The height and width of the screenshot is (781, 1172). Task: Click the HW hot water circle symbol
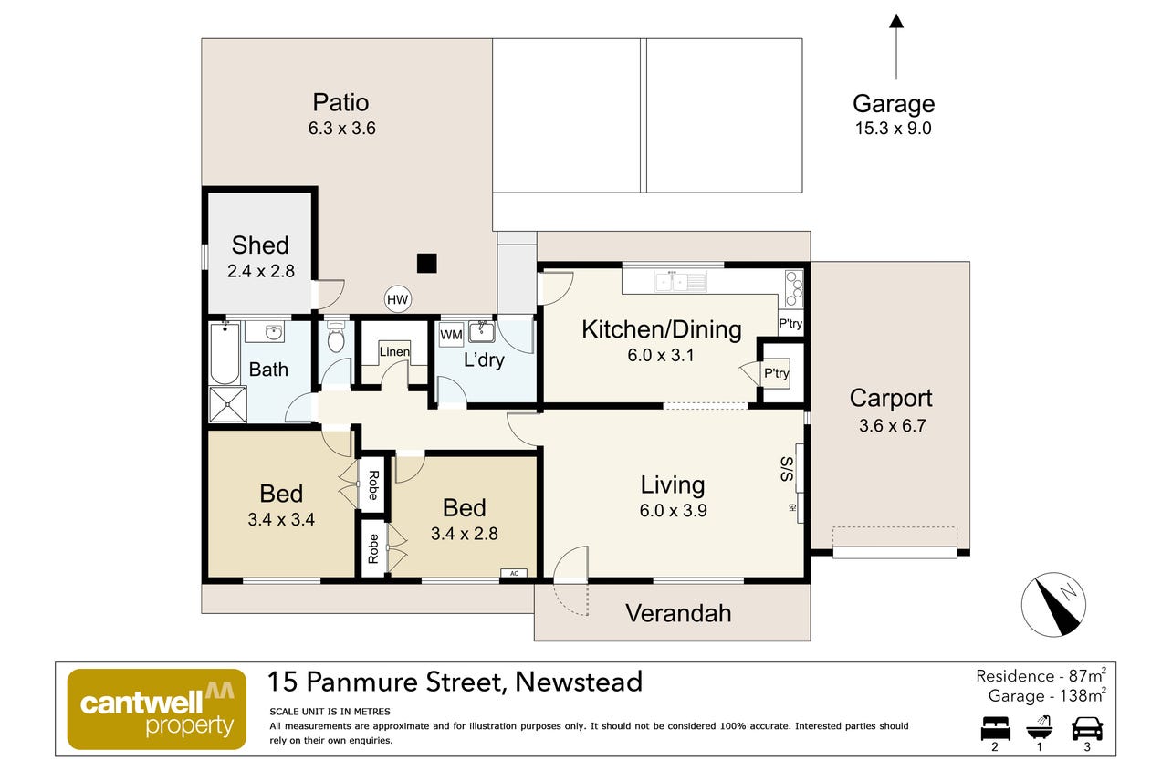pyautogui.click(x=397, y=300)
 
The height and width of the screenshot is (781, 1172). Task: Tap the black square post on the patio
pyautogui.click(x=427, y=263)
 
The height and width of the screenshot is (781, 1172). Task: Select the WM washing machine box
pyautogui.click(x=451, y=335)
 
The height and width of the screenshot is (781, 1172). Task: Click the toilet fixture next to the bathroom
pyautogui.click(x=336, y=338)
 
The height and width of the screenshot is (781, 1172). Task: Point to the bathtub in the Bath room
pyautogui.click(x=225, y=354)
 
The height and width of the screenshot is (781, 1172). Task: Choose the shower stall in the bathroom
pyautogui.click(x=227, y=404)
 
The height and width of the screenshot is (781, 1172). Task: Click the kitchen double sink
pyautogui.click(x=680, y=281)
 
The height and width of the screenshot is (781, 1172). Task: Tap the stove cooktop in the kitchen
pyautogui.click(x=794, y=288)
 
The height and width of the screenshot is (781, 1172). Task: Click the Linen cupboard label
pyautogui.click(x=394, y=351)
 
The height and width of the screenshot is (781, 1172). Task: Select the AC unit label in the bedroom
pyautogui.click(x=514, y=573)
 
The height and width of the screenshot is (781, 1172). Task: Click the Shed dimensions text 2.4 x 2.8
pyautogui.click(x=261, y=271)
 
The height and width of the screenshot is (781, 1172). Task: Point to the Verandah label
pyautogui.click(x=678, y=613)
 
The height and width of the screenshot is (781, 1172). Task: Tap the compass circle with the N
pyautogui.click(x=1053, y=605)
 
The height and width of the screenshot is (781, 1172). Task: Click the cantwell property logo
pyautogui.click(x=157, y=709)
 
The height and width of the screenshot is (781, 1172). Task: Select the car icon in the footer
pyautogui.click(x=1087, y=728)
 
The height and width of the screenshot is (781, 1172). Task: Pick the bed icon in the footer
pyautogui.click(x=995, y=728)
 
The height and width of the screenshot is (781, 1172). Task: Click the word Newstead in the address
pyautogui.click(x=579, y=682)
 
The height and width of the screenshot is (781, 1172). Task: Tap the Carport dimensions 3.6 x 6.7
pyautogui.click(x=893, y=426)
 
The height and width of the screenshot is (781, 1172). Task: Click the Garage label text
pyautogui.click(x=894, y=104)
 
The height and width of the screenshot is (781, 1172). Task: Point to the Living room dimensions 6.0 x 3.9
pyautogui.click(x=674, y=510)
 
